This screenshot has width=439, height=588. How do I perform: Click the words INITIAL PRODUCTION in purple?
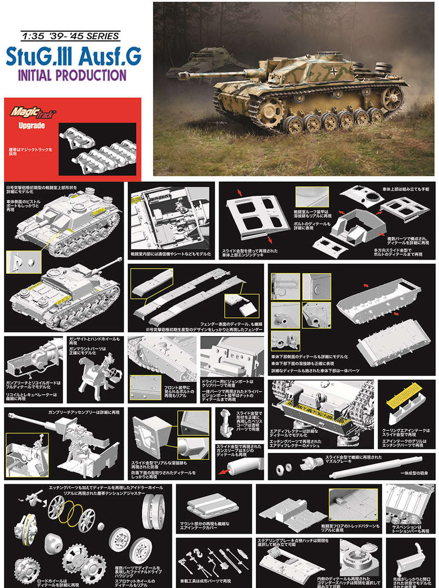point(72,75)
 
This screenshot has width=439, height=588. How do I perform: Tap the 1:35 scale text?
point(31,36)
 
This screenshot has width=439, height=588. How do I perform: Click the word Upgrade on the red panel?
point(32,126)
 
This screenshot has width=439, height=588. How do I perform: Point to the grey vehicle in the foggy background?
point(206,61)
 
